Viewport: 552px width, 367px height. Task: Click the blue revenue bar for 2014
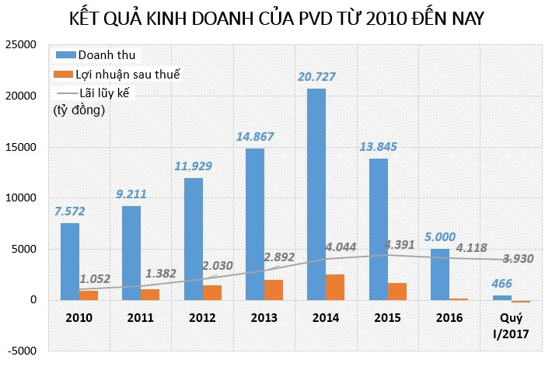(316, 194)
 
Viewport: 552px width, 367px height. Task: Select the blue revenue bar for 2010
(70, 261)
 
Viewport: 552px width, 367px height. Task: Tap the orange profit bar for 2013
(273, 290)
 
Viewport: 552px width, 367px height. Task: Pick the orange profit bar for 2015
(396, 292)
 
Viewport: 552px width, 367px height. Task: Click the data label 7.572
(69, 212)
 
